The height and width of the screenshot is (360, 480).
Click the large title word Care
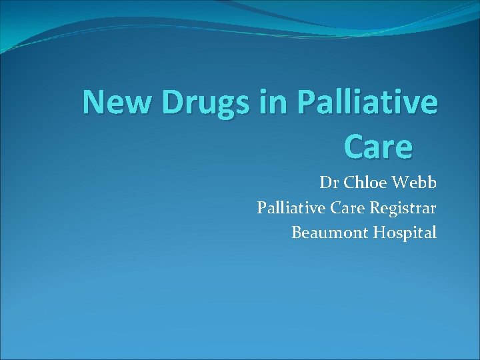click(x=378, y=147)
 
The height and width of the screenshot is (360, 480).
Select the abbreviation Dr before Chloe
click(x=327, y=183)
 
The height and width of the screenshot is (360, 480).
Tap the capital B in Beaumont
click(x=296, y=233)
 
